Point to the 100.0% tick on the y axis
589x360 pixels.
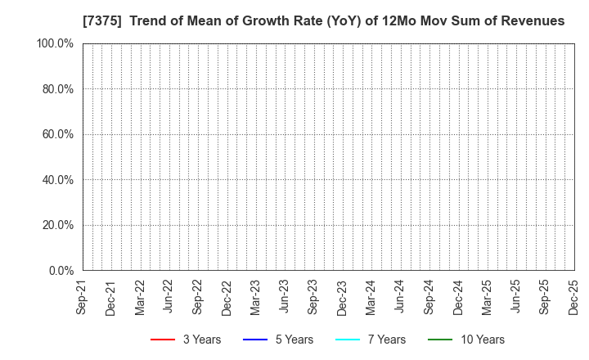55,43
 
